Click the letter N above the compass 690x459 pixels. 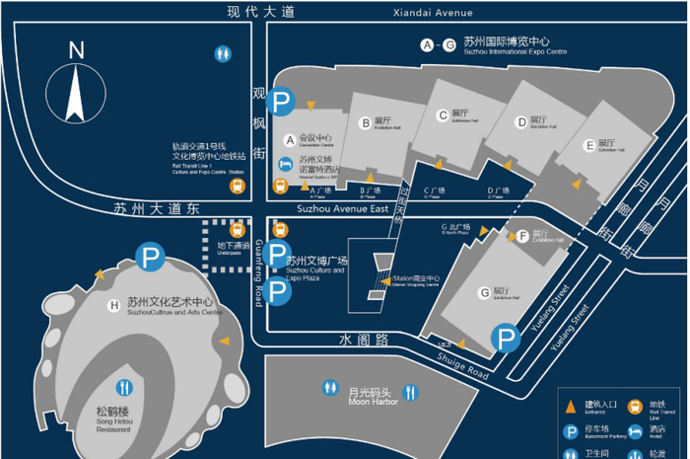77,50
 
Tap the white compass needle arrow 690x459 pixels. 76,95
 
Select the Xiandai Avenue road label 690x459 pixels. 432,13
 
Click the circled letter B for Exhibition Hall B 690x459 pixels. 365,123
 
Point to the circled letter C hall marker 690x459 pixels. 443,116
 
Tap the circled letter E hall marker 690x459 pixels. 589,145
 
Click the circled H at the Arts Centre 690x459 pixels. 115,305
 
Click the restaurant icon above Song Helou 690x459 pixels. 125,387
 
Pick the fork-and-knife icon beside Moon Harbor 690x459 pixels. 330,388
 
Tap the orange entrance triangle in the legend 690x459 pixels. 570,404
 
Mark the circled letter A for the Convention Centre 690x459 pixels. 290,139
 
